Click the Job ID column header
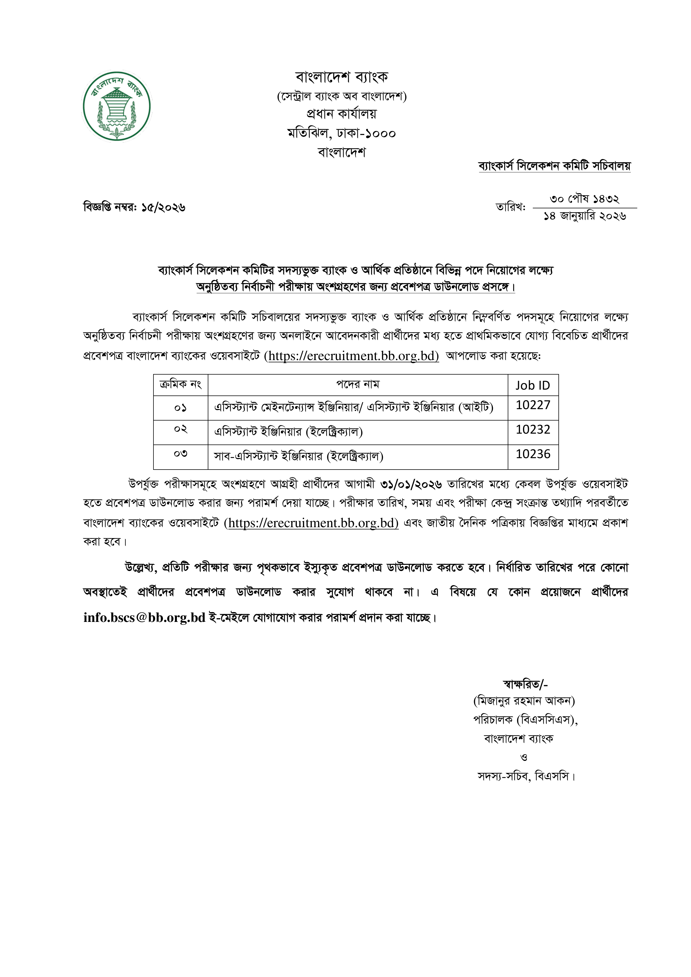533,385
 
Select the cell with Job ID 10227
533,405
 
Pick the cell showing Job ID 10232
533,430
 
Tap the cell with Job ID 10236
533,455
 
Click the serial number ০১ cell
180,408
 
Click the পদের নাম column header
357,385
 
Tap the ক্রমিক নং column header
180,385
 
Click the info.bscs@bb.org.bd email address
144,617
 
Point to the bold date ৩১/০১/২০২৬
411,484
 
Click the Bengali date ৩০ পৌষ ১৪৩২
584,199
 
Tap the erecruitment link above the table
351,356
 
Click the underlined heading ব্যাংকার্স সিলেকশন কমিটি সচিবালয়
555,166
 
